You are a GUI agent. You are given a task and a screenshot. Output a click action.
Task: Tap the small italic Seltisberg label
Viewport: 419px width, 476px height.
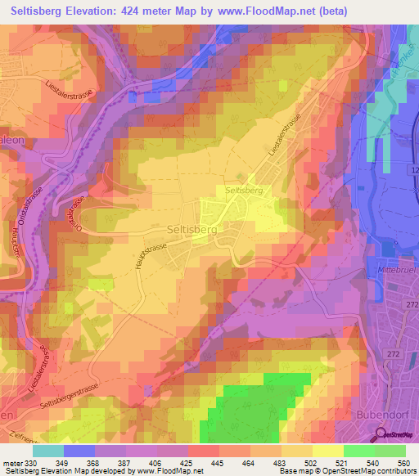pyautogui.click(x=243, y=190)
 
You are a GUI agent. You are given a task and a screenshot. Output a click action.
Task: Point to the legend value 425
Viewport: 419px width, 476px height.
pyautogui.click(x=187, y=463)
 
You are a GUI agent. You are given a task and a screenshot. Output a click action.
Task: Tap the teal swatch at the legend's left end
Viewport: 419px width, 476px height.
pyautogui.click(x=48, y=451)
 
